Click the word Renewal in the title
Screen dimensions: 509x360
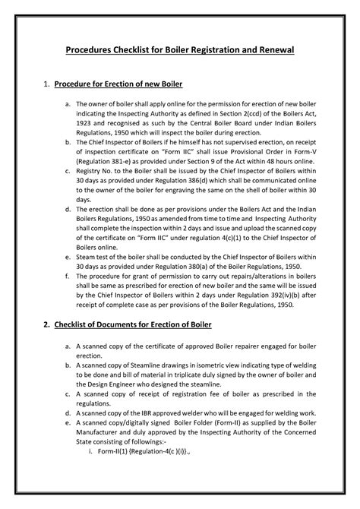(x=273, y=50)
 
